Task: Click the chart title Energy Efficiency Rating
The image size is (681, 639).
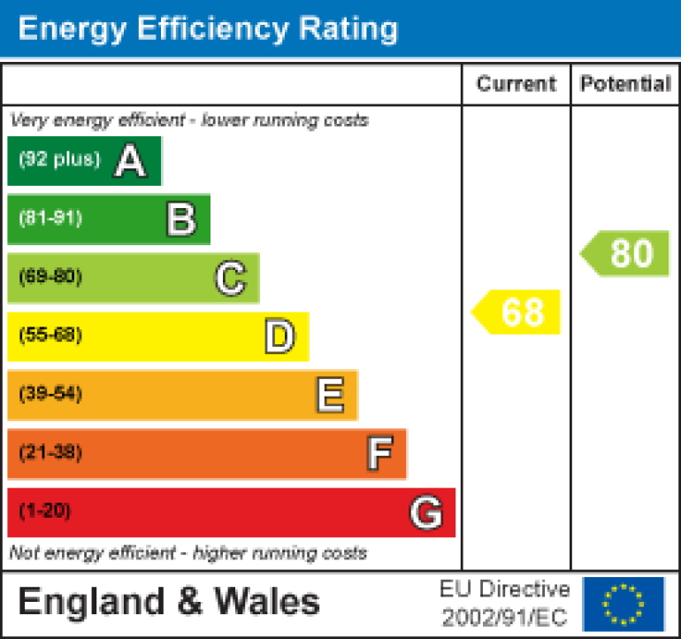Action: (x=208, y=28)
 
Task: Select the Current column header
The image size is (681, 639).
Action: (x=516, y=84)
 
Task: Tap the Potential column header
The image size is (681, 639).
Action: (x=625, y=84)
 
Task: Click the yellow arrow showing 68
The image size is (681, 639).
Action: (x=517, y=312)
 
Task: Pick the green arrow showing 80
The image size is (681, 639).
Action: (x=627, y=254)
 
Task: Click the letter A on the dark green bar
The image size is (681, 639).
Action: (x=130, y=161)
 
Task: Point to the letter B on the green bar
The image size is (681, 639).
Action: (x=180, y=219)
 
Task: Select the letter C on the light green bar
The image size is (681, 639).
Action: (x=229, y=279)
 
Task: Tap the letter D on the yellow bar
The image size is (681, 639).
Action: (x=279, y=337)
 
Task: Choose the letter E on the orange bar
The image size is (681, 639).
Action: (x=329, y=396)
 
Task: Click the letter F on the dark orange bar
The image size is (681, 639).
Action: (x=379, y=454)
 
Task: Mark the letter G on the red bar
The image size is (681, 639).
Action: (x=425, y=512)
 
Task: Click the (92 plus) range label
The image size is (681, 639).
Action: (x=59, y=160)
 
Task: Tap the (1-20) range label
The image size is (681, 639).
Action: (x=44, y=512)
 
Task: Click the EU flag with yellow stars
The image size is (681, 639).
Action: (x=624, y=604)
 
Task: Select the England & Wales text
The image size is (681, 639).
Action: (x=168, y=603)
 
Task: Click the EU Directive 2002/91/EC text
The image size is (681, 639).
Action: (x=505, y=604)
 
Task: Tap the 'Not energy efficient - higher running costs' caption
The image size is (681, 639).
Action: (x=187, y=554)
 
